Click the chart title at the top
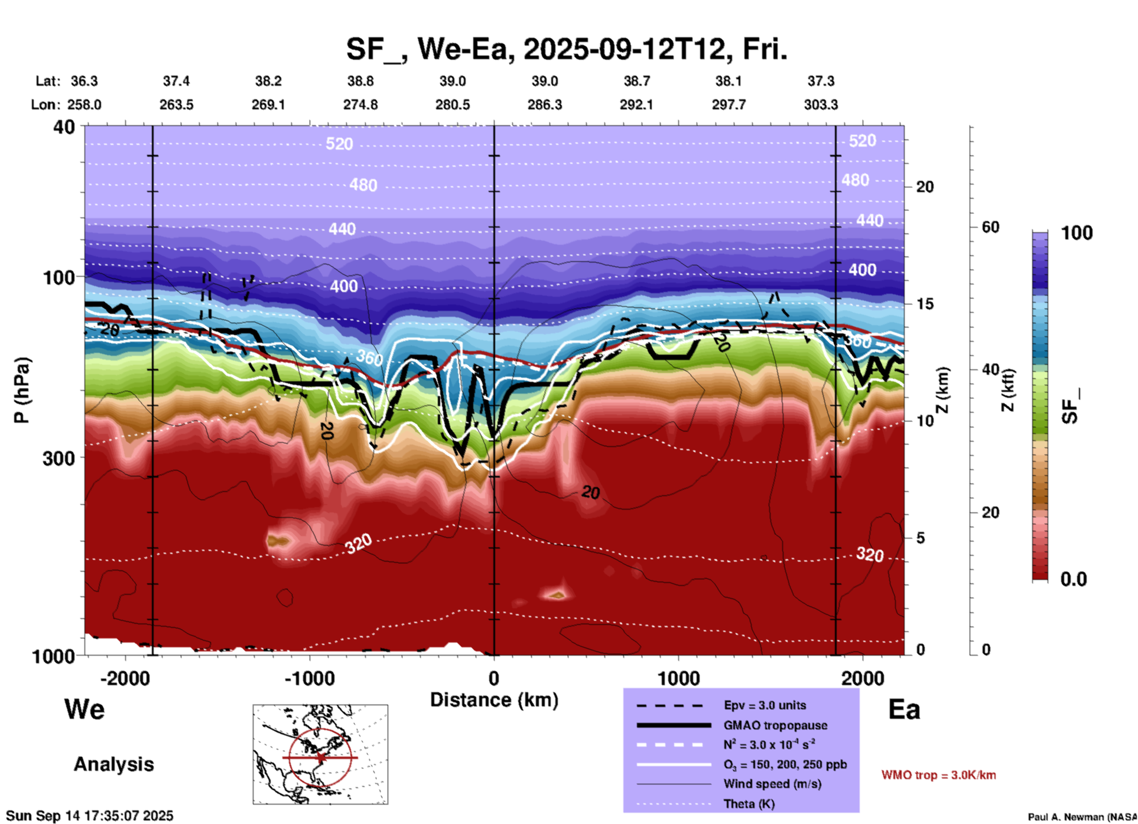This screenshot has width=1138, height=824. click(x=566, y=49)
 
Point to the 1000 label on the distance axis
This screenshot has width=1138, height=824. click(x=678, y=678)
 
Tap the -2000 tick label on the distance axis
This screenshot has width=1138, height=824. click(x=125, y=678)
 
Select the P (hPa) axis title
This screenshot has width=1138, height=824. click(x=22, y=390)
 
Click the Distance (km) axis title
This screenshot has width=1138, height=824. click(x=494, y=700)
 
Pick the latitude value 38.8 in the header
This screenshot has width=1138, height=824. click(x=360, y=81)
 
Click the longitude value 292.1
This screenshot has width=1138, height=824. click(x=636, y=105)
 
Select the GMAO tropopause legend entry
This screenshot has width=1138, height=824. click(x=775, y=725)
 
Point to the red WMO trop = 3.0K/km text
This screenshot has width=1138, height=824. click(x=938, y=775)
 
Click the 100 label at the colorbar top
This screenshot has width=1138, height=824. click(x=1077, y=233)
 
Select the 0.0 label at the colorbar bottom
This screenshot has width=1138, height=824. click(x=1074, y=579)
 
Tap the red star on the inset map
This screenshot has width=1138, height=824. click(x=321, y=757)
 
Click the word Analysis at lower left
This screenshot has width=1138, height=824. click(x=113, y=764)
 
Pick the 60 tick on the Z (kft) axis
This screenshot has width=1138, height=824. click(x=990, y=227)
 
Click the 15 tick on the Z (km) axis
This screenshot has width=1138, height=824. click(x=925, y=304)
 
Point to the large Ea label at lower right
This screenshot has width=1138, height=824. click(x=904, y=709)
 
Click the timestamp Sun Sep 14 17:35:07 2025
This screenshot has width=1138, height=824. click(x=90, y=816)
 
